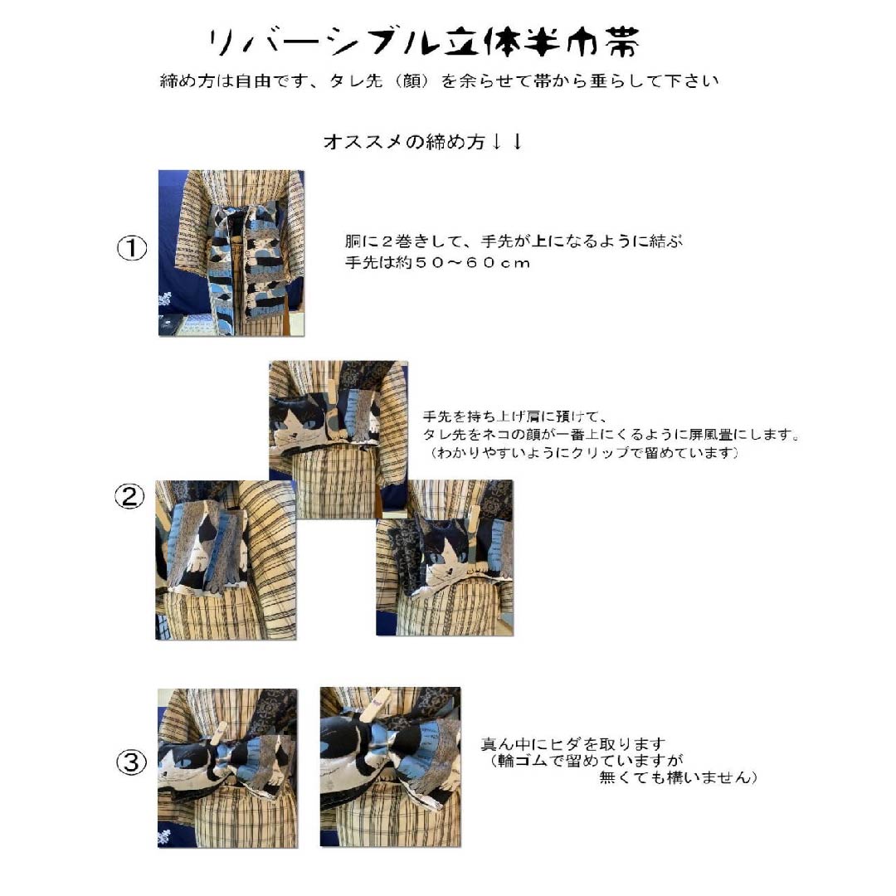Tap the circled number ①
(130, 249)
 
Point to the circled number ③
(130, 763)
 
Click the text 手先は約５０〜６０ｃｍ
(437, 263)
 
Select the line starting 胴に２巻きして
(514, 241)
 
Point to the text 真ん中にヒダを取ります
(573, 744)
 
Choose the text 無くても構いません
(678, 778)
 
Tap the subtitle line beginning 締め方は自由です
(439, 82)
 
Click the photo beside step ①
(231, 253)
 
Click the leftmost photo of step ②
(226, 560)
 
